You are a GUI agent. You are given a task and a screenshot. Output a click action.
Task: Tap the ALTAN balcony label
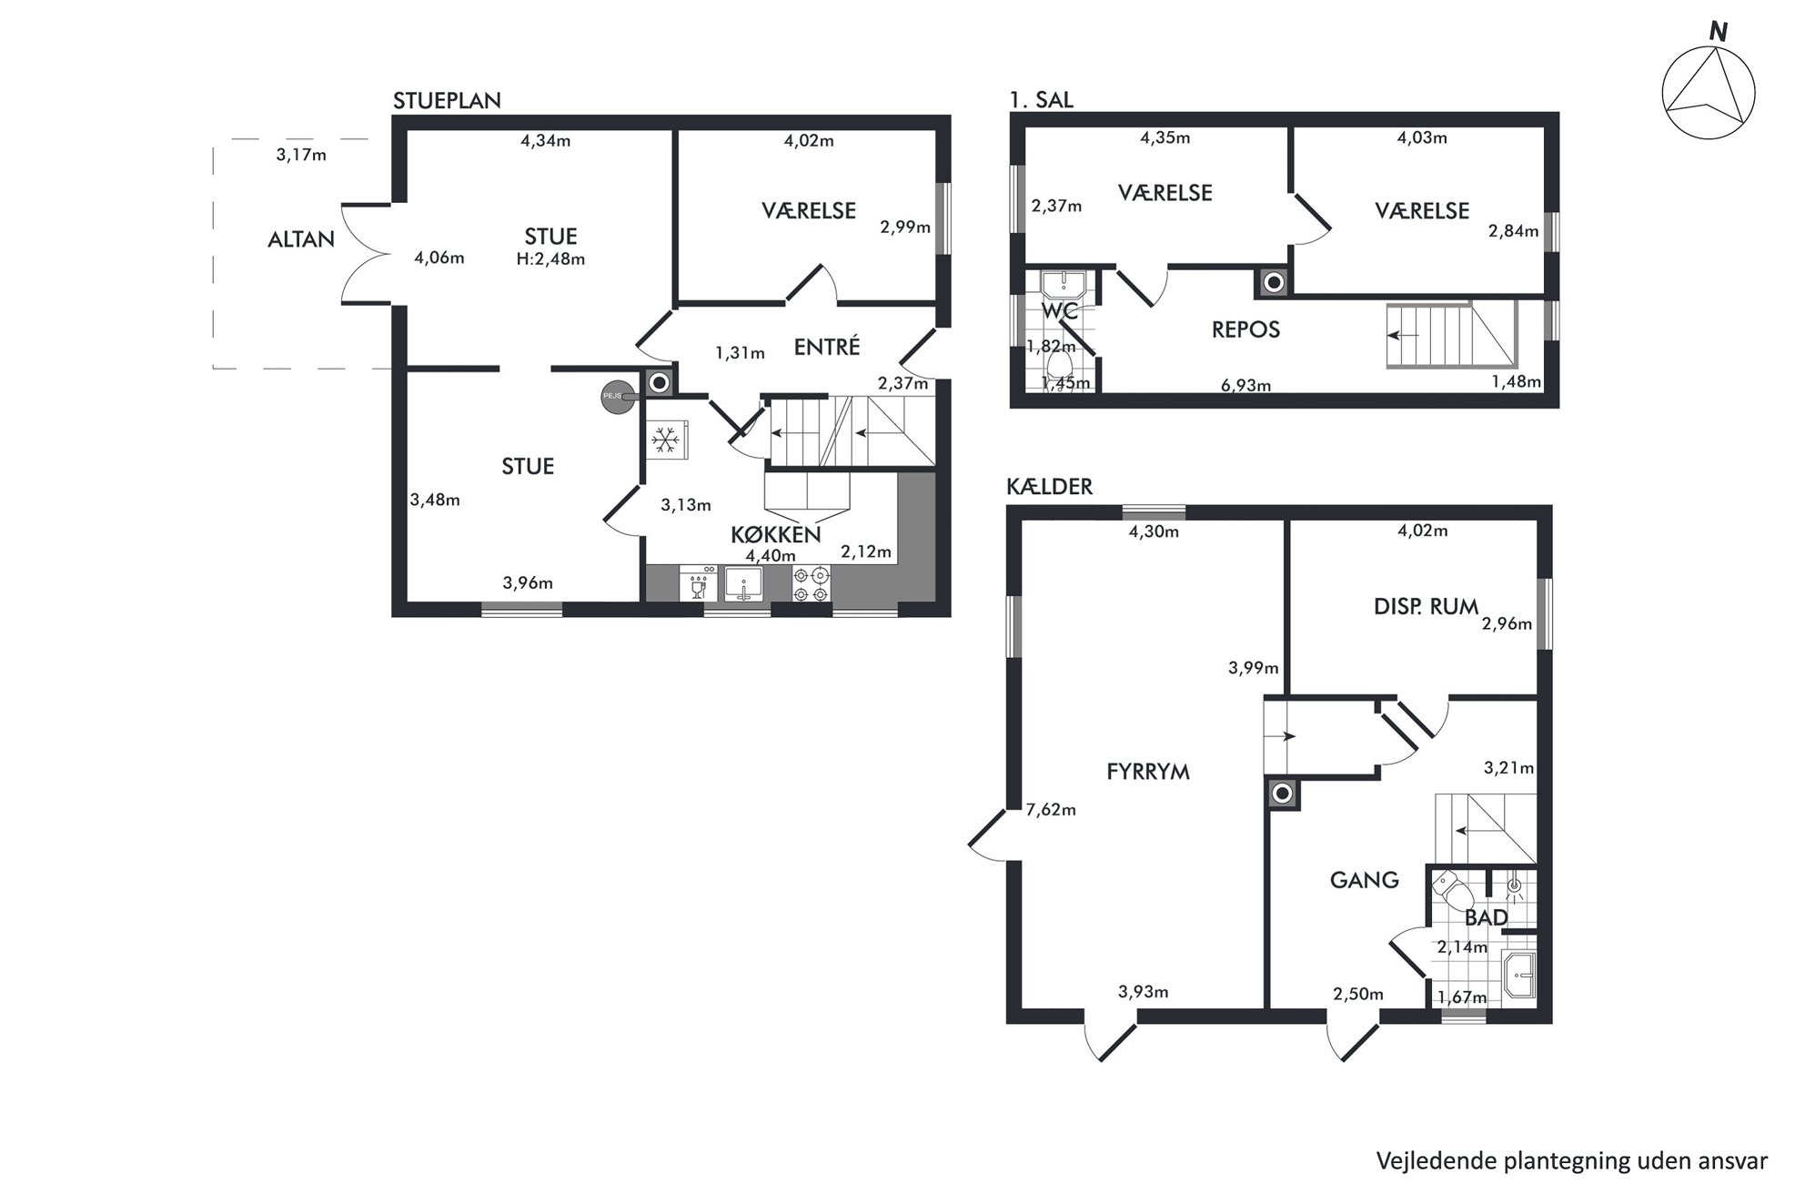[301, 239]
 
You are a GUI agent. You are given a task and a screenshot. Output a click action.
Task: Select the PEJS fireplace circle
[616, 396]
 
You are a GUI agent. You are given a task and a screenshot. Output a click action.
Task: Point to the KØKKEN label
[776, 534]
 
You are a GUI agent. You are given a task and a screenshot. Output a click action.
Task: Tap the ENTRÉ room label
[827, 347]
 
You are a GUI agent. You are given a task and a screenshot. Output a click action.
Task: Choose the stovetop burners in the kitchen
[811, 583]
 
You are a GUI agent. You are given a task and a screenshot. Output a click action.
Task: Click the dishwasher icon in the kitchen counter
[699, 583]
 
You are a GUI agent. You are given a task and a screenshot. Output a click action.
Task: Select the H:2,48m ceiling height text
[550, 259]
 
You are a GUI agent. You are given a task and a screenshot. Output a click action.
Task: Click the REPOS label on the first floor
[1245, 329]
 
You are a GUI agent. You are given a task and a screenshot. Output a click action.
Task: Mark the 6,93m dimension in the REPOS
[1245, 385]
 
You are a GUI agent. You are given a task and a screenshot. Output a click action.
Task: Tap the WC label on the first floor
[1060, 310]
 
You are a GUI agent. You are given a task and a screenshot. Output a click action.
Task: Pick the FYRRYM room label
[1148, 772]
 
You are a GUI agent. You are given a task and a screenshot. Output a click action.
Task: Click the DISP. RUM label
[1426, 607]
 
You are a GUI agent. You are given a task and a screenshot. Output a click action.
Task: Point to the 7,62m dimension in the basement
[1051, 809]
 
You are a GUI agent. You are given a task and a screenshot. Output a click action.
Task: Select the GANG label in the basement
[1364, 880]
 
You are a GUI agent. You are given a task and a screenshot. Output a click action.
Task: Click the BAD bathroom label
[1486, 918]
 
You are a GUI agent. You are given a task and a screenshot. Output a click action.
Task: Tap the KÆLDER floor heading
[1049, 487]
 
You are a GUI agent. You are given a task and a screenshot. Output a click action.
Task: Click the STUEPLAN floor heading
[447, 100]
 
